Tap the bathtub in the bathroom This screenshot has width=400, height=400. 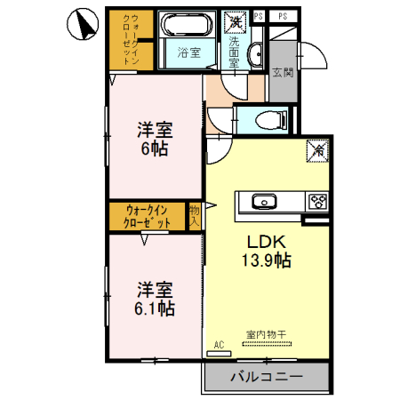(186, 26)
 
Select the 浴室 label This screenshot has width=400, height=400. (187, 52)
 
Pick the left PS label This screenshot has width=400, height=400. (259, 16)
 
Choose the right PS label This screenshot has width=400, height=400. (283, 16)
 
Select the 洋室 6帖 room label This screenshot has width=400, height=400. (154, 137)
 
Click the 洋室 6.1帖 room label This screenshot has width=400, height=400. (154, 300)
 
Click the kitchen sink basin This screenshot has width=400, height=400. (265, 201)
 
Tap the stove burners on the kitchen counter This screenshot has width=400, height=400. (317, 202)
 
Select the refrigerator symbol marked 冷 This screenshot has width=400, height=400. (316, 152)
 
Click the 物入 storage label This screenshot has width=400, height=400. (195, 216)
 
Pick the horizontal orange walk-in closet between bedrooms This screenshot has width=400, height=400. (147, 216)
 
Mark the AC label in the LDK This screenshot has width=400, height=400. (218, 343)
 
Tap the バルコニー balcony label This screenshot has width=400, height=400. (267, 377)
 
